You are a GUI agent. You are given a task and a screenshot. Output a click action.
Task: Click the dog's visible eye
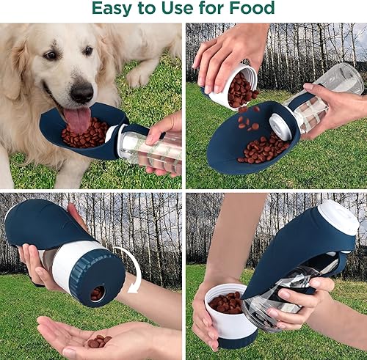click(x=49, y=56)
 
